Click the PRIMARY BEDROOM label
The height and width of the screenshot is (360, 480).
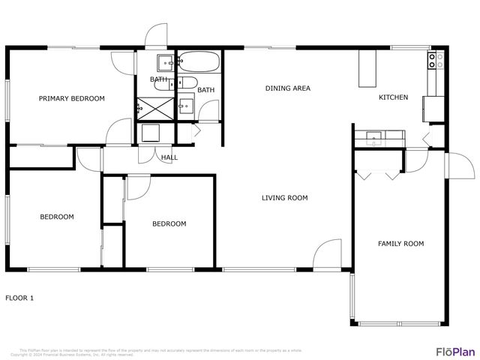click(x=72, y=98)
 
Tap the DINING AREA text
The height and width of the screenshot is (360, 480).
click(x=287, y=88)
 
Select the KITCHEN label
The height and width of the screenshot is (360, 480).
click(x=393, y=97)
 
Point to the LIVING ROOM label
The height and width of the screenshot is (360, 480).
click(x=284, y=198)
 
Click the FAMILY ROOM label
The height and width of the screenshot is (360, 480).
click(x=400, y=244)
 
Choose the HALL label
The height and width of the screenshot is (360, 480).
click(x=169, y=157)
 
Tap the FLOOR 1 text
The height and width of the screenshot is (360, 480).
click(x=20, y=298)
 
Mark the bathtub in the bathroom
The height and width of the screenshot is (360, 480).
click(x=199, y=61)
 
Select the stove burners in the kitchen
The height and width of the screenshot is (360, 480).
click(x=433, y=61)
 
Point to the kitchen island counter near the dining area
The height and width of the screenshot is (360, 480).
click(x=366, y=69)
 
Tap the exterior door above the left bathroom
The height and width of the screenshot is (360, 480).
click(x=157, y=37)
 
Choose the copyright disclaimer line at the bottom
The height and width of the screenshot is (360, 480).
click(x=161, y=352)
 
